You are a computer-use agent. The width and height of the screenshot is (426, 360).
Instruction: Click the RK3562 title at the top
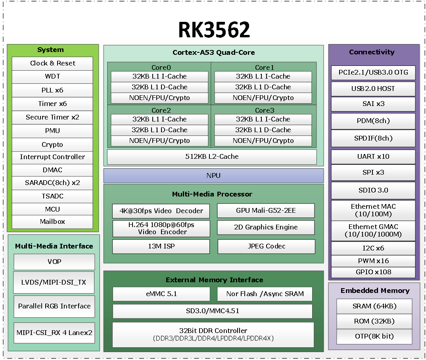pyautogui.click(x=214, y=30)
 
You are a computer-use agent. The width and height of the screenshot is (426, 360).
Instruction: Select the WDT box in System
pyautogui.click(x=52, y=77)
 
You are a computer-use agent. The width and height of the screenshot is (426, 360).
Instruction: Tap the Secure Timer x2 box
pyautogui.click(x=52, y=117)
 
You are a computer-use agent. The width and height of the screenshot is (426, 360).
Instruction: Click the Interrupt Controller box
pyautogui.click(x=52, y=157)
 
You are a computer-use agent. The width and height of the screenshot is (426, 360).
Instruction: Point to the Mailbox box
pyautogui.click(x=52, y=221)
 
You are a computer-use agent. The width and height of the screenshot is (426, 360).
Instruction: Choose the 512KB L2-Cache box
pyautogui.click(x=212, y=156)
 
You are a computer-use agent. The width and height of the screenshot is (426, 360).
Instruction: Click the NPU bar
pyautogui.click(x=213, y=175)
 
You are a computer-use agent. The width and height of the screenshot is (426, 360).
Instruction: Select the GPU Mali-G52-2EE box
pyautogui.click(x=266, y=211)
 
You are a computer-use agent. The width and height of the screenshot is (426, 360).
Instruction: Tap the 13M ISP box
pyautogui.click(x=161, y=246)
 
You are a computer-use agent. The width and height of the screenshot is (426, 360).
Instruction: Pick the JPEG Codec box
pyautogui.click(x=266, y=246)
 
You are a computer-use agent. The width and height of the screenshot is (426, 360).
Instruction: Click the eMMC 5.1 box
pyautogui.click(x=161, y=294)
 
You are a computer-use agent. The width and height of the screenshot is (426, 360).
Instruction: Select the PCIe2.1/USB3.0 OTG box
pyautogui.click(x=373, y=73)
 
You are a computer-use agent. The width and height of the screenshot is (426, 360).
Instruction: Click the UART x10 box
pyautogui.click(x=373, y=156)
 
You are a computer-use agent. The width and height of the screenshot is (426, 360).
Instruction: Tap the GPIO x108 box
pyautogui.click(x=373, y=272)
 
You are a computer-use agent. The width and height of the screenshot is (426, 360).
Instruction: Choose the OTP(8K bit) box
pyautogui.click(x=374, y=336)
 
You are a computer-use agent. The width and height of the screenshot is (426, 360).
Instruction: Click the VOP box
pyautogui.click(x=54, y=262)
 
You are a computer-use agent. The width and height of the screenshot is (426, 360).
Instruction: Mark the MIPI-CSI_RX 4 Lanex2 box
pyautogui.click(x=54, y=332)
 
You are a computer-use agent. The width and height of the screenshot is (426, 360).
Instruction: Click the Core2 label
pyautogui.click(x=161, y=110)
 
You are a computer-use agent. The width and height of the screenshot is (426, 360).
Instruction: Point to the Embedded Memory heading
pyautogui.click(x=375, y=291)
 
